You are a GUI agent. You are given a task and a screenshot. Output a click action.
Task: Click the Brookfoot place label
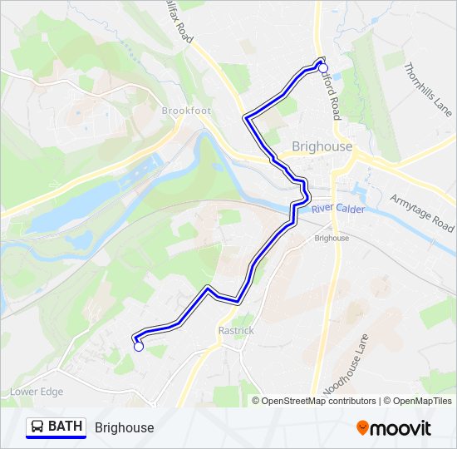[187, 111]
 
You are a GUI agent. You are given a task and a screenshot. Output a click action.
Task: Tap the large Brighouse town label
[322, 146]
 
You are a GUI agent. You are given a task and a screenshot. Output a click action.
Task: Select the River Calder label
[338, 209]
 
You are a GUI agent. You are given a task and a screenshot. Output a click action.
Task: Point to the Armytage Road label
[422, 213]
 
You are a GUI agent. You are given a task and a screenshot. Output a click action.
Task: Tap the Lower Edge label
[36, 392]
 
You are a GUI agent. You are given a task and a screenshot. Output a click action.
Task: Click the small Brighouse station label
[332, 238]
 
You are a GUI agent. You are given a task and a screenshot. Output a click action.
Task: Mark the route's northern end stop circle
[324, 69]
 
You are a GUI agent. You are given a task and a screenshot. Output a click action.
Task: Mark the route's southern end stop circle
[138, 348]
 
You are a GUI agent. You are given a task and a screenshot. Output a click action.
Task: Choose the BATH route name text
[66, 427]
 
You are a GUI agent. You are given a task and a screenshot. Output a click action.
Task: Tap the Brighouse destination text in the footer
[125, 427]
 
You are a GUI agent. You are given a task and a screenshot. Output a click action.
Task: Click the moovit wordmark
[400, 428]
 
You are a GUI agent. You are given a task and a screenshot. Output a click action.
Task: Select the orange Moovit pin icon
[361, 428]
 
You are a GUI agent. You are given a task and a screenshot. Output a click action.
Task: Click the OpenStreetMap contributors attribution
[318, 401]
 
